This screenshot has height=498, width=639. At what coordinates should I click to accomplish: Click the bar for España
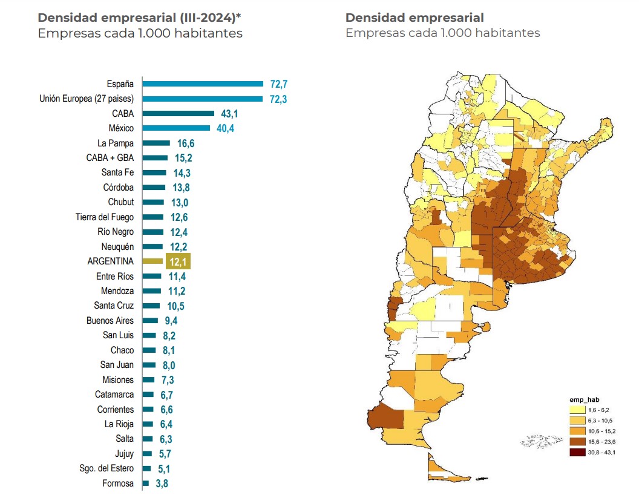pos(203,84)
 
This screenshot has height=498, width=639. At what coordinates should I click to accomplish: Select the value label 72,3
pos(278,99)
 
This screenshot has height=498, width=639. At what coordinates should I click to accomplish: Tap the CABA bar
pos(179,113)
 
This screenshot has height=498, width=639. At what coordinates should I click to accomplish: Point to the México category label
pos(121,128)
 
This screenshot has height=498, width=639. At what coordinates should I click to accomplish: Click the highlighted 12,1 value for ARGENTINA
pos(178,261)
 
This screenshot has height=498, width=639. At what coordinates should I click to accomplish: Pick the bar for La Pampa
pos(156,143)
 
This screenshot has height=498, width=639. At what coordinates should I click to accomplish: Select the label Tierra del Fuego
pos(105,217)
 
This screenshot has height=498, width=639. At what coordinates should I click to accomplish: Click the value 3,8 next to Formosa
pos(162,483)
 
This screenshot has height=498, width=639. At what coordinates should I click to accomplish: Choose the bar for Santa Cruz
pos(151,306)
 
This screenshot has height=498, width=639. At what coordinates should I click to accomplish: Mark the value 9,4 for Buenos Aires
pos(169,321)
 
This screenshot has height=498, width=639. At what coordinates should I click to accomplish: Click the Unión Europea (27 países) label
pos(87,99)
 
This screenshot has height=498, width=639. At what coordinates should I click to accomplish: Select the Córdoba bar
pos(154,188)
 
